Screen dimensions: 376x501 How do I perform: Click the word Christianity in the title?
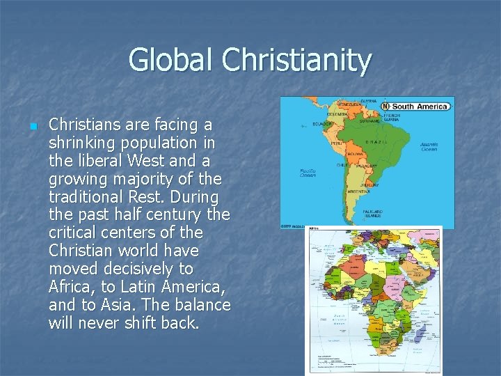coord(297,60)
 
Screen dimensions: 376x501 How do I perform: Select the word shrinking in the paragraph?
coord(79,143)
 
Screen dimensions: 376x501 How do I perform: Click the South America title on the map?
coord(422,107)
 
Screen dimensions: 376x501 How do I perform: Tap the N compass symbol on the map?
coord(386,106)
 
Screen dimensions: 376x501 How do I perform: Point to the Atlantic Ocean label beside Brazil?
coord(429,147)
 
